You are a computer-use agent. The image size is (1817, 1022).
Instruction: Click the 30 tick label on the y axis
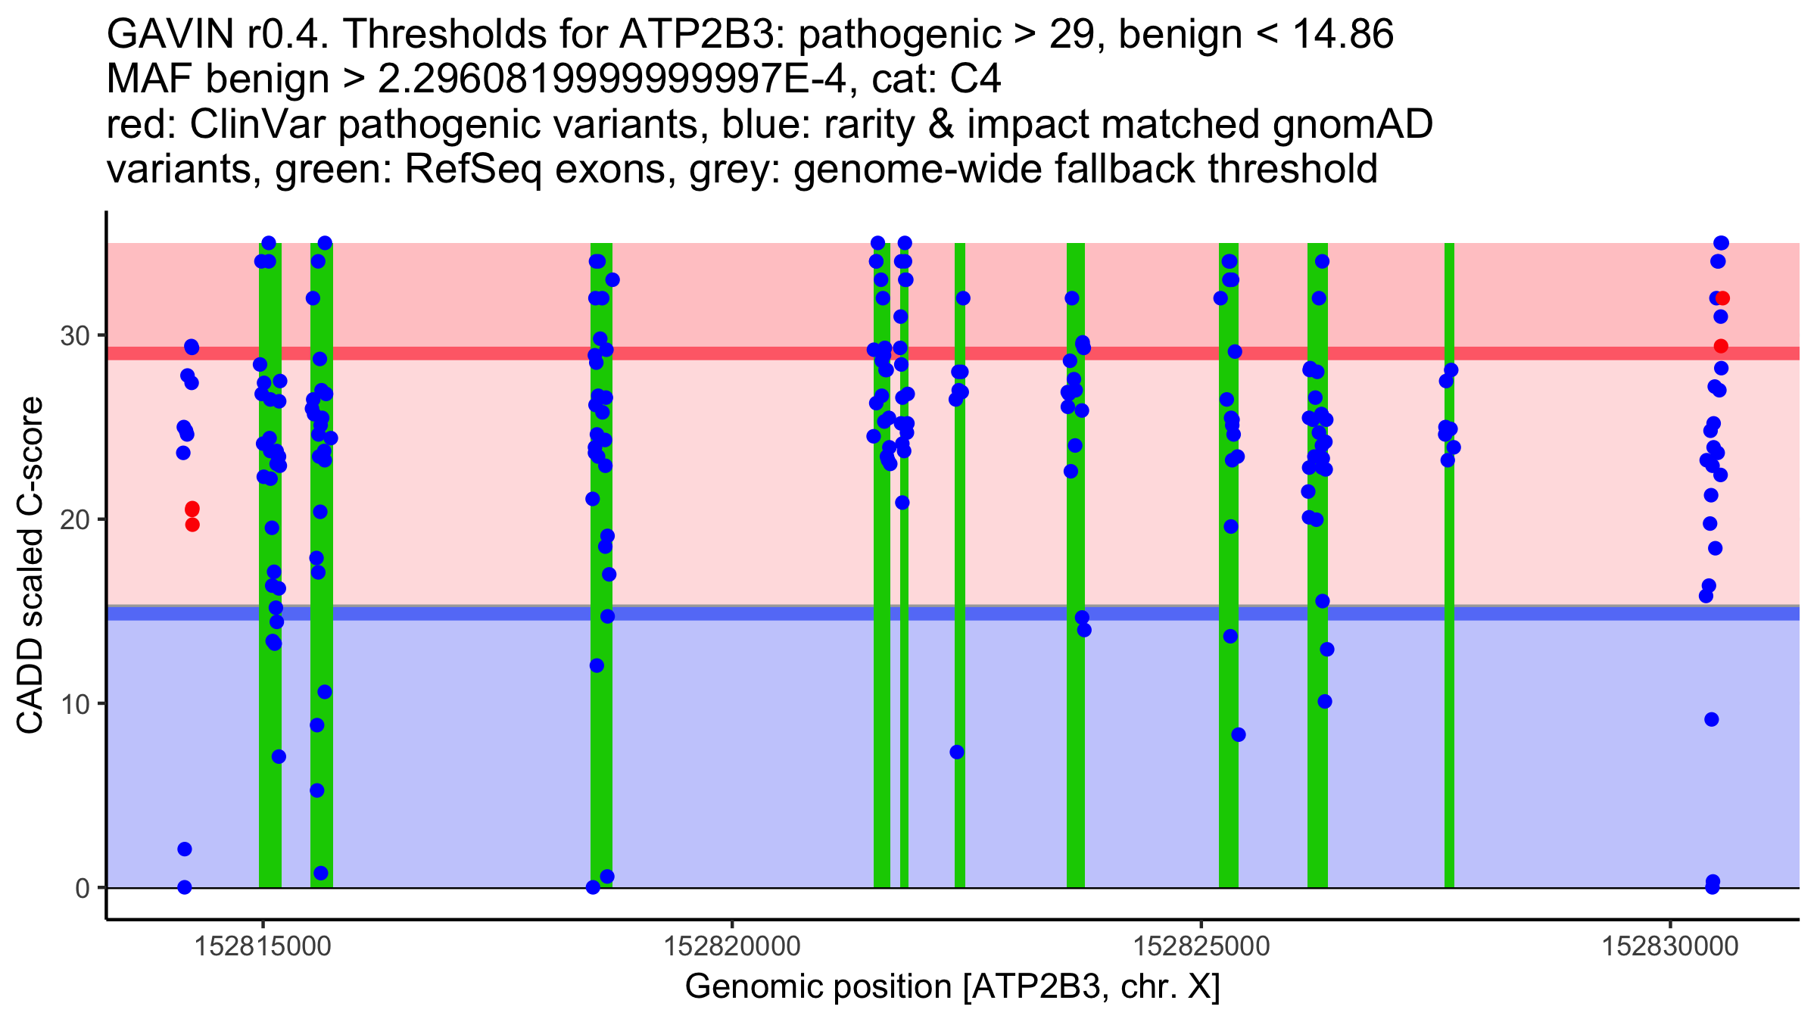[74, 335]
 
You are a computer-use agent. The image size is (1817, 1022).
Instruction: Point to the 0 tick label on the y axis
[82, 888]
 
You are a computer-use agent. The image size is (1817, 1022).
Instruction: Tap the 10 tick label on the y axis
[74, 704]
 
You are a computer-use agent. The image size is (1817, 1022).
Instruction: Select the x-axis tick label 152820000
[732, 946]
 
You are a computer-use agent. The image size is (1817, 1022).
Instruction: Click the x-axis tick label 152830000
[1670, 946]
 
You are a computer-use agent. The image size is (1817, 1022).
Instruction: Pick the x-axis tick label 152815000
[263, 946]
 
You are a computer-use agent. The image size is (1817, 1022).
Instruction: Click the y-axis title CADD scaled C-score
[30, 566]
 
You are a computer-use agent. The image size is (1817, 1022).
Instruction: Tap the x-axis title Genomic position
[952, 987]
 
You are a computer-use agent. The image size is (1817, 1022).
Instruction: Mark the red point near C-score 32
[1722, 298]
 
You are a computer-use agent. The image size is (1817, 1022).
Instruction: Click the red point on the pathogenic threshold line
[1721, 346]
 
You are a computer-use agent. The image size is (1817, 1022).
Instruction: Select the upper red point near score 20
[192, 509]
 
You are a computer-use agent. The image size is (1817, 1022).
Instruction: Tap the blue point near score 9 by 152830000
[1712, 719]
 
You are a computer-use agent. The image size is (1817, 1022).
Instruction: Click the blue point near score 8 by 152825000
[1239, 734]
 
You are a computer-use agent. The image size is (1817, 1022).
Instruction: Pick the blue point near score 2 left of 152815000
[185, 849]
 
